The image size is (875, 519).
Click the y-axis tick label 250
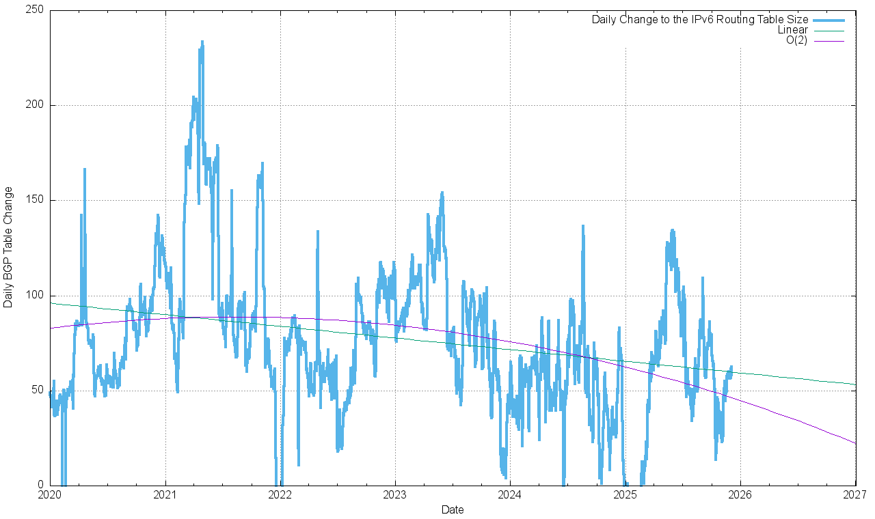point(35,10)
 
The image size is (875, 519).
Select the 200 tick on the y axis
point(35,105)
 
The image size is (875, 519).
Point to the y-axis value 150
point(35,200)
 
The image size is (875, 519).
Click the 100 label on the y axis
point(35,296)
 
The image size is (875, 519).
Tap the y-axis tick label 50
point(38,391)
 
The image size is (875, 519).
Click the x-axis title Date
point(453,509)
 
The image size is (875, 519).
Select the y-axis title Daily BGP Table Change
point(8,247)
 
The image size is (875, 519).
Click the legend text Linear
point(792,30)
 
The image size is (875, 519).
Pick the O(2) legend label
point(796,40)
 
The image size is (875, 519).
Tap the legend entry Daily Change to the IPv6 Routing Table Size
point(700,20)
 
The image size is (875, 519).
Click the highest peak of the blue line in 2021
point(202,42)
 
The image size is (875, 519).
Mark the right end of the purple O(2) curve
point(855,443)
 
